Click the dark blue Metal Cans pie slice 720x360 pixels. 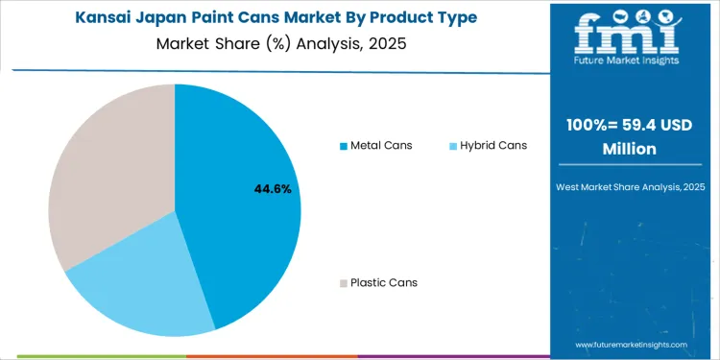tap(240, 211)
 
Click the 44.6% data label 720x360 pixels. tap(274, 189)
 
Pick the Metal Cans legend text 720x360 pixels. tap(381, 146)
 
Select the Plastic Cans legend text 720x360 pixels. tap(384, 282)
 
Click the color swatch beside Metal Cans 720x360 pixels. tap(343, 146)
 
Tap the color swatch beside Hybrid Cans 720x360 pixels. tap(453, 146)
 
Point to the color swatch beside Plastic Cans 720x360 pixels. tap(343, 283)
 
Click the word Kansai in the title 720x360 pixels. tap(104, 18)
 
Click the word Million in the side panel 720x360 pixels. tap(634, 150)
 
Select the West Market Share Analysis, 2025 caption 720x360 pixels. tap(634, 186)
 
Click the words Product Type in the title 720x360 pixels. tap(422, 18)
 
